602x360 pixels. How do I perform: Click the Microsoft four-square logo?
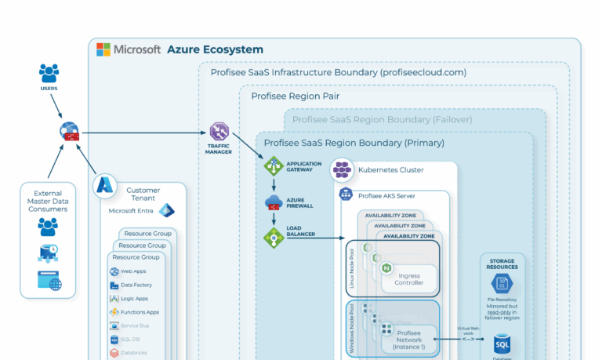click(x=103, y=49)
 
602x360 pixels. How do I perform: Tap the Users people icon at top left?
click(x=49, y=74)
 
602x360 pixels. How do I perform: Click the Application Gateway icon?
click(x=274, y=166)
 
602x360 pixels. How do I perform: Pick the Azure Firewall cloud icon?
click(x=274, y=202)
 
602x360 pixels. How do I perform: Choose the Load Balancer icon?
click(x=274, y=238)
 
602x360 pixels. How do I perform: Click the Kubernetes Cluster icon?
click(x=341, y=169)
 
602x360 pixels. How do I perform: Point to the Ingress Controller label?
click(x=410, y=279)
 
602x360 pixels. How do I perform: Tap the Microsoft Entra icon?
click(x=166, y=211)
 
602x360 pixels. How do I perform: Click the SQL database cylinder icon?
click(x=502, y=344)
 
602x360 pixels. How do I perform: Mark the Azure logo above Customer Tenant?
click(x=104, y=185)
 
